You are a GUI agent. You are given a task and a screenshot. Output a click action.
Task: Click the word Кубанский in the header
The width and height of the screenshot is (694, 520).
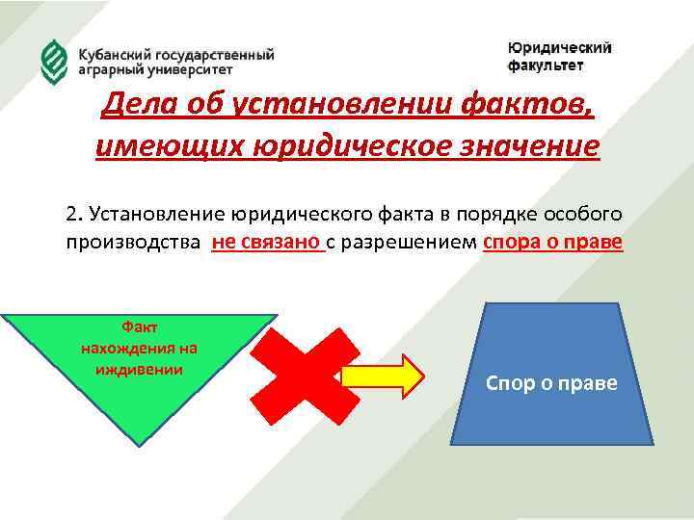point(112,55)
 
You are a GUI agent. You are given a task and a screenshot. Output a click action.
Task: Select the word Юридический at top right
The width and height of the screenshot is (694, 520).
point(559,48)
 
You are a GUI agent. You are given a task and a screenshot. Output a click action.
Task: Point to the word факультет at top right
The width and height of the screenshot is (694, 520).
point(546,66)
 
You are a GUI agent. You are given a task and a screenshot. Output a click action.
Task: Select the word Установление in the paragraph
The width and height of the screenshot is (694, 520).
point(147,213)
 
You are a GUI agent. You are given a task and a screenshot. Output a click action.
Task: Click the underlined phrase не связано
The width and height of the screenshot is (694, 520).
point(265,242)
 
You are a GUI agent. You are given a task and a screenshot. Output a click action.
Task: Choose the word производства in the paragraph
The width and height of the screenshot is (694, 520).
point(133,242)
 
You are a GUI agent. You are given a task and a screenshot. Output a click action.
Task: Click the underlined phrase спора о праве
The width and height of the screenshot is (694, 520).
point(551,242)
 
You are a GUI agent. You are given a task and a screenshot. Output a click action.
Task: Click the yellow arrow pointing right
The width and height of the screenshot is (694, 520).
point(382,375)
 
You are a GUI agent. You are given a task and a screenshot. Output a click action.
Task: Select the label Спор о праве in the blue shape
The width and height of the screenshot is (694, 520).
point(551,383)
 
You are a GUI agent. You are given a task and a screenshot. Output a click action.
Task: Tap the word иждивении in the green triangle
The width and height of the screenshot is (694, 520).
point(139,369)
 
